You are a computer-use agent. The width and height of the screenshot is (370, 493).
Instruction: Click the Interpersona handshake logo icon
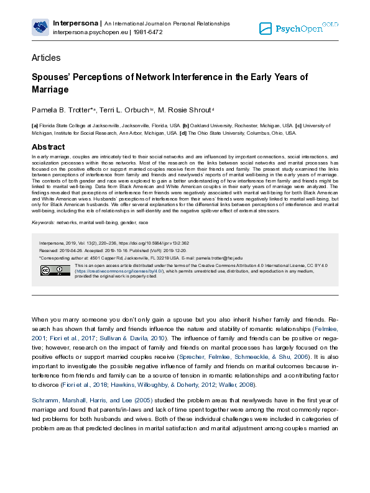(40, 27)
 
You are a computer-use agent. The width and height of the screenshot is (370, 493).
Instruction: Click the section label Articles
(46, 58)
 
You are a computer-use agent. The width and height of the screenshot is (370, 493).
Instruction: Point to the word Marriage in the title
(50, 89)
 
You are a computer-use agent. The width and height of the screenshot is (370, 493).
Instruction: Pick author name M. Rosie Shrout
(186, 110)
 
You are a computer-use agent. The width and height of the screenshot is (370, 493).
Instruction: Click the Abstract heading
(48, 147)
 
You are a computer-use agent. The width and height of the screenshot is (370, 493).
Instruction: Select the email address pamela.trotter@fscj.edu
(219, 257)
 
